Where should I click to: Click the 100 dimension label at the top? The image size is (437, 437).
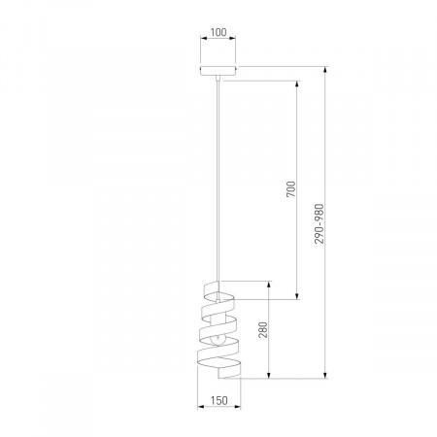pos(218,32)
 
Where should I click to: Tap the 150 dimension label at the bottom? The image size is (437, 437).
pos(219,401)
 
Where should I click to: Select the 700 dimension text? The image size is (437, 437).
pos(291,189)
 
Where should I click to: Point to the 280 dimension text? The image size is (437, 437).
pos(263,330)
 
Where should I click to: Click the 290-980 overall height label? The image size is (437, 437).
pos(319,223)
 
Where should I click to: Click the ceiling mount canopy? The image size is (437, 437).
pos(218,71)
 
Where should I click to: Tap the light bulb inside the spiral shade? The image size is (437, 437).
pos(217,340)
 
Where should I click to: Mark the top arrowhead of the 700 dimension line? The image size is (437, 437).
pos(296,84)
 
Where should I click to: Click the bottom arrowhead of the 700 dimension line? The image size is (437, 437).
pos(296,295)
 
